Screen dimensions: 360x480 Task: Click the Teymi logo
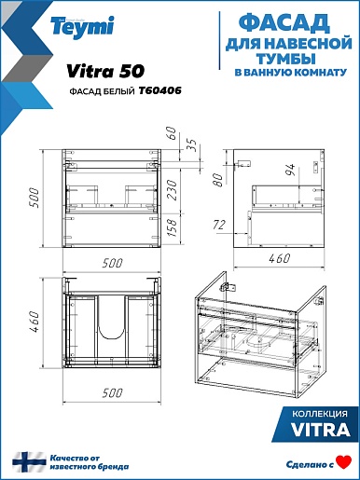[82, 27]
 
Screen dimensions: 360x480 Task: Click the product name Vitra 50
[105, 71]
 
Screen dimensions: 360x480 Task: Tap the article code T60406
[159, 90]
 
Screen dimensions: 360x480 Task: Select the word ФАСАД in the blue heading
[284, 23]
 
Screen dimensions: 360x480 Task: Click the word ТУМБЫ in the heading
[285, 58]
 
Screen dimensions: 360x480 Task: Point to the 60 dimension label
[171, 134]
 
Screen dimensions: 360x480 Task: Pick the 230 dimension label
[172, 189]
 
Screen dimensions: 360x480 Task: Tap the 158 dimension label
[172, 227]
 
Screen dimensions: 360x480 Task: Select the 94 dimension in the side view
[291, 170]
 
